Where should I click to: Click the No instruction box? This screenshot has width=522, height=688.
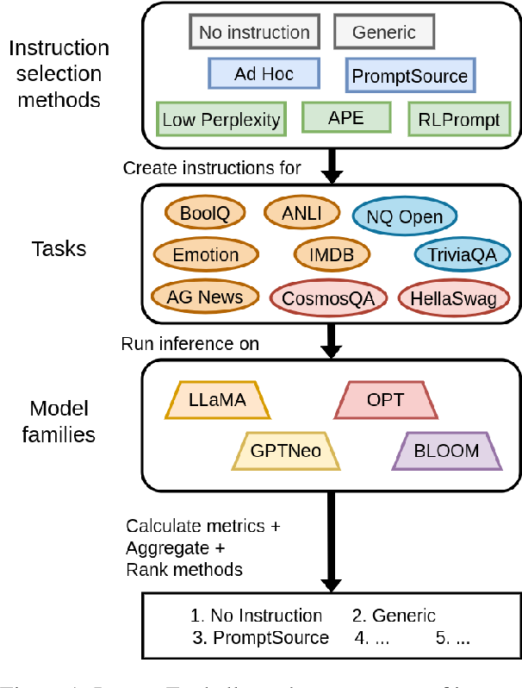(254, 33)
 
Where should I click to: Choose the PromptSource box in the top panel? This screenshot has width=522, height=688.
(409, 76)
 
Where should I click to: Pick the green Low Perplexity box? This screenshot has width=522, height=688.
(221, 119)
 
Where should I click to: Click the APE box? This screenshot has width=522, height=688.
(345, 117)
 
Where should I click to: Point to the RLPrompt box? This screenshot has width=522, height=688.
(457, 119)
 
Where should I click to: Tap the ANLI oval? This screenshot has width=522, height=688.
(297, 212)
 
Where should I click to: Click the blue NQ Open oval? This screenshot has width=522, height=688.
(404, 218)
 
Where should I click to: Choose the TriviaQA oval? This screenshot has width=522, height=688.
(457, 254)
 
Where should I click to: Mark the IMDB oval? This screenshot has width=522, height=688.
(332, 254)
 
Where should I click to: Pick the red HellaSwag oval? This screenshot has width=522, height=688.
(454, 297)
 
